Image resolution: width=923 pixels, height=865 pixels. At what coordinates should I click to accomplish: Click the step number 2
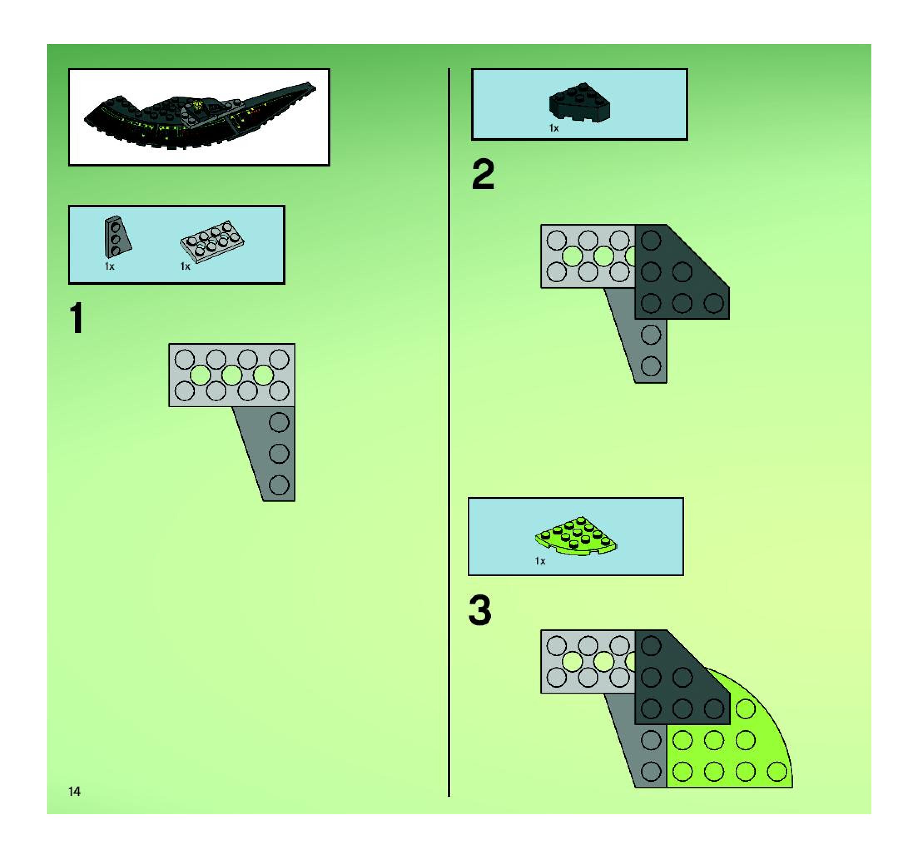pyautogui.click(x=483, y=175)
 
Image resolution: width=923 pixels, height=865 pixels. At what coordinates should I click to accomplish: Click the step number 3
pyautogui.click(x=480, y=611)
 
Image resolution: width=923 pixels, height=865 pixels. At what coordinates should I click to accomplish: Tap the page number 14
pyautogui.click(x=74, y=792)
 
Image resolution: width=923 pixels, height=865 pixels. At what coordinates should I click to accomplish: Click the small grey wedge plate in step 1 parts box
pyautogui.click(x=117, y=237)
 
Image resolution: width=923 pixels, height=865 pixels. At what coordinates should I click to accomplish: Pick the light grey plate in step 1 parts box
pyautogui.click(x=212, y=241)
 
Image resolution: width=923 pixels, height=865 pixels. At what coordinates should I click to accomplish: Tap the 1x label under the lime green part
pyautogui.click(x=540, y=561)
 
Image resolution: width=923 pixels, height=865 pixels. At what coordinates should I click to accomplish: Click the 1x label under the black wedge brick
pyautogui.click(x=554, y=128)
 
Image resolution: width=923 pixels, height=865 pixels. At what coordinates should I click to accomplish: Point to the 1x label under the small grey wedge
pyautogui.click(x=109, y=266)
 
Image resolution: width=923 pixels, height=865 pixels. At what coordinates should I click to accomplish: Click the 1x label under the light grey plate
pyautogui.click(x=185, y=266)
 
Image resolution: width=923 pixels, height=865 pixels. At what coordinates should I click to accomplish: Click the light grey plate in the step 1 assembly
pyautogui.click(x=231, y=375)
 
